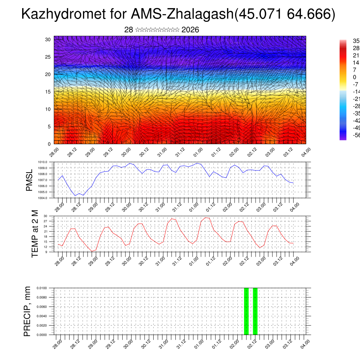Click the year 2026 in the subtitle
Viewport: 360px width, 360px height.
[190, 30]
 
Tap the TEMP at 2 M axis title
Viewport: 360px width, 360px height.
[35, 234]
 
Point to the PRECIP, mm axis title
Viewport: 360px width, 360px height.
[27, 311]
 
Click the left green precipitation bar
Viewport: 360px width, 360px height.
[246, 311]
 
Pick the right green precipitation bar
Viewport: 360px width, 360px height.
[255, 311]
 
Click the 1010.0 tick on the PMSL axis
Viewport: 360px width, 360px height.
[45, 162]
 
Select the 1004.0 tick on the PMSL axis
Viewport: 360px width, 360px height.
[45, 198]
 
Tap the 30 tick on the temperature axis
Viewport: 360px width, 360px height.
[46, 216]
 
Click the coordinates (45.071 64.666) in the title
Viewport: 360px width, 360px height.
[284, 14]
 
